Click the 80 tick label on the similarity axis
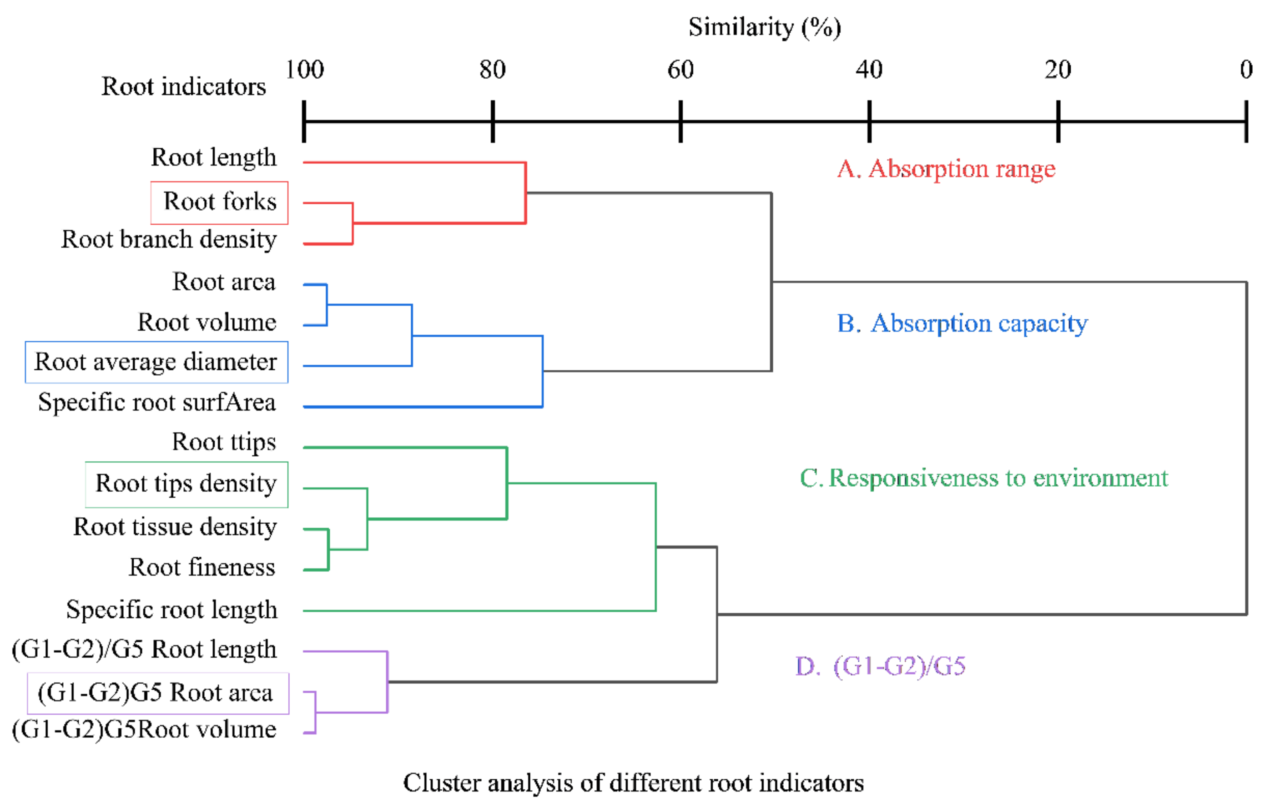(492, 70)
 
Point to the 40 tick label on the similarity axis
(869, 70)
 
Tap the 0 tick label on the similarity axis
(1246, 70)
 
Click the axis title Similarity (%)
(764, 27)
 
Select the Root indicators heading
(183, 86)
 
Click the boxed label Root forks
(220, 202)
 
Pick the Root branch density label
(169, 240)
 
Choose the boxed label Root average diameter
(156, 362)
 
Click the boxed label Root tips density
(186, 484)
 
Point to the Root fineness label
(202, 568)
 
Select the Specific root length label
(172, 610)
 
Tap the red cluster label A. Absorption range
(946, 169)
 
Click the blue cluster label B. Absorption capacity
(962, 323)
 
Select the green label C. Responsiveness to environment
(983, 478)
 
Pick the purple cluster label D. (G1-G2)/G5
(880, 666)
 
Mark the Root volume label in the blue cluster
(207, 323)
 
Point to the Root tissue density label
(175, 527)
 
